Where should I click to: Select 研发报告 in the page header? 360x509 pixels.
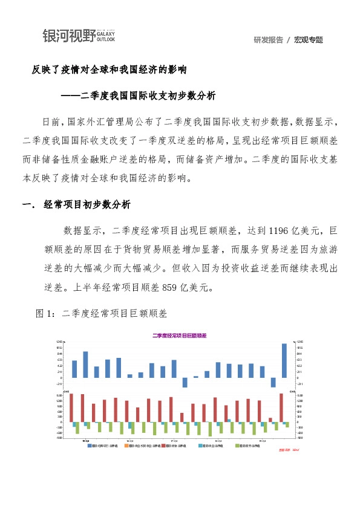269,40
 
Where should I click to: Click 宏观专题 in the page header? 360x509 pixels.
309,40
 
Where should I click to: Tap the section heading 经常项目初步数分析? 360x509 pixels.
87,204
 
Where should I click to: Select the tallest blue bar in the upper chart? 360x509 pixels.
284,360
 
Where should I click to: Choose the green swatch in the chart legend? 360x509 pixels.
237,446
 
